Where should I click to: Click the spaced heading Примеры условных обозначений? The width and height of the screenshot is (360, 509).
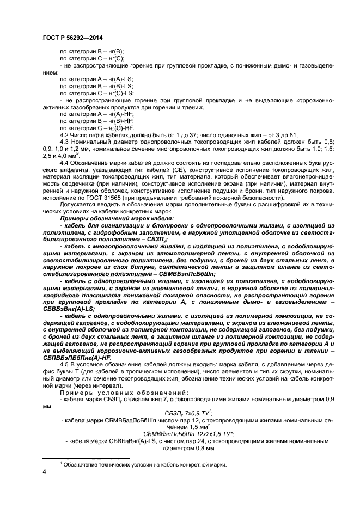click(125, 392)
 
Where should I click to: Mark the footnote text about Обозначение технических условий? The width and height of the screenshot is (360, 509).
click(145, 464)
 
